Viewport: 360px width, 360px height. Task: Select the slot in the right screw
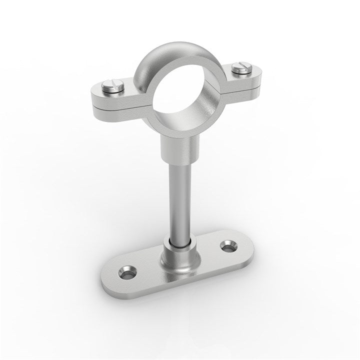tap(241, 66)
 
